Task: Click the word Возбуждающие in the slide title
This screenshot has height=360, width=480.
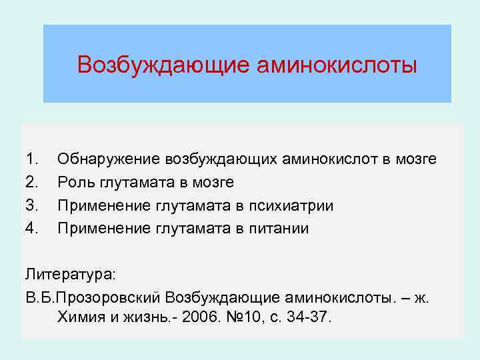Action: (x=163, y=65)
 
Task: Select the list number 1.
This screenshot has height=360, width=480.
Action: (x=31, y=159)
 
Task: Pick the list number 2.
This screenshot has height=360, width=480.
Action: (x=31, y=182)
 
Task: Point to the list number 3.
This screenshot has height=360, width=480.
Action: (x=31, y=205)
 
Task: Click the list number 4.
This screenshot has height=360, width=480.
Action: (x=31, y=229)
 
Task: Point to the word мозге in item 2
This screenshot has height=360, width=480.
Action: (x=213, y=182)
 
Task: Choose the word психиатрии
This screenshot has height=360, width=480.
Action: (x=296, y=205)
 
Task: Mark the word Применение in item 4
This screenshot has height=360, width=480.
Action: (x=106, y=229)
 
